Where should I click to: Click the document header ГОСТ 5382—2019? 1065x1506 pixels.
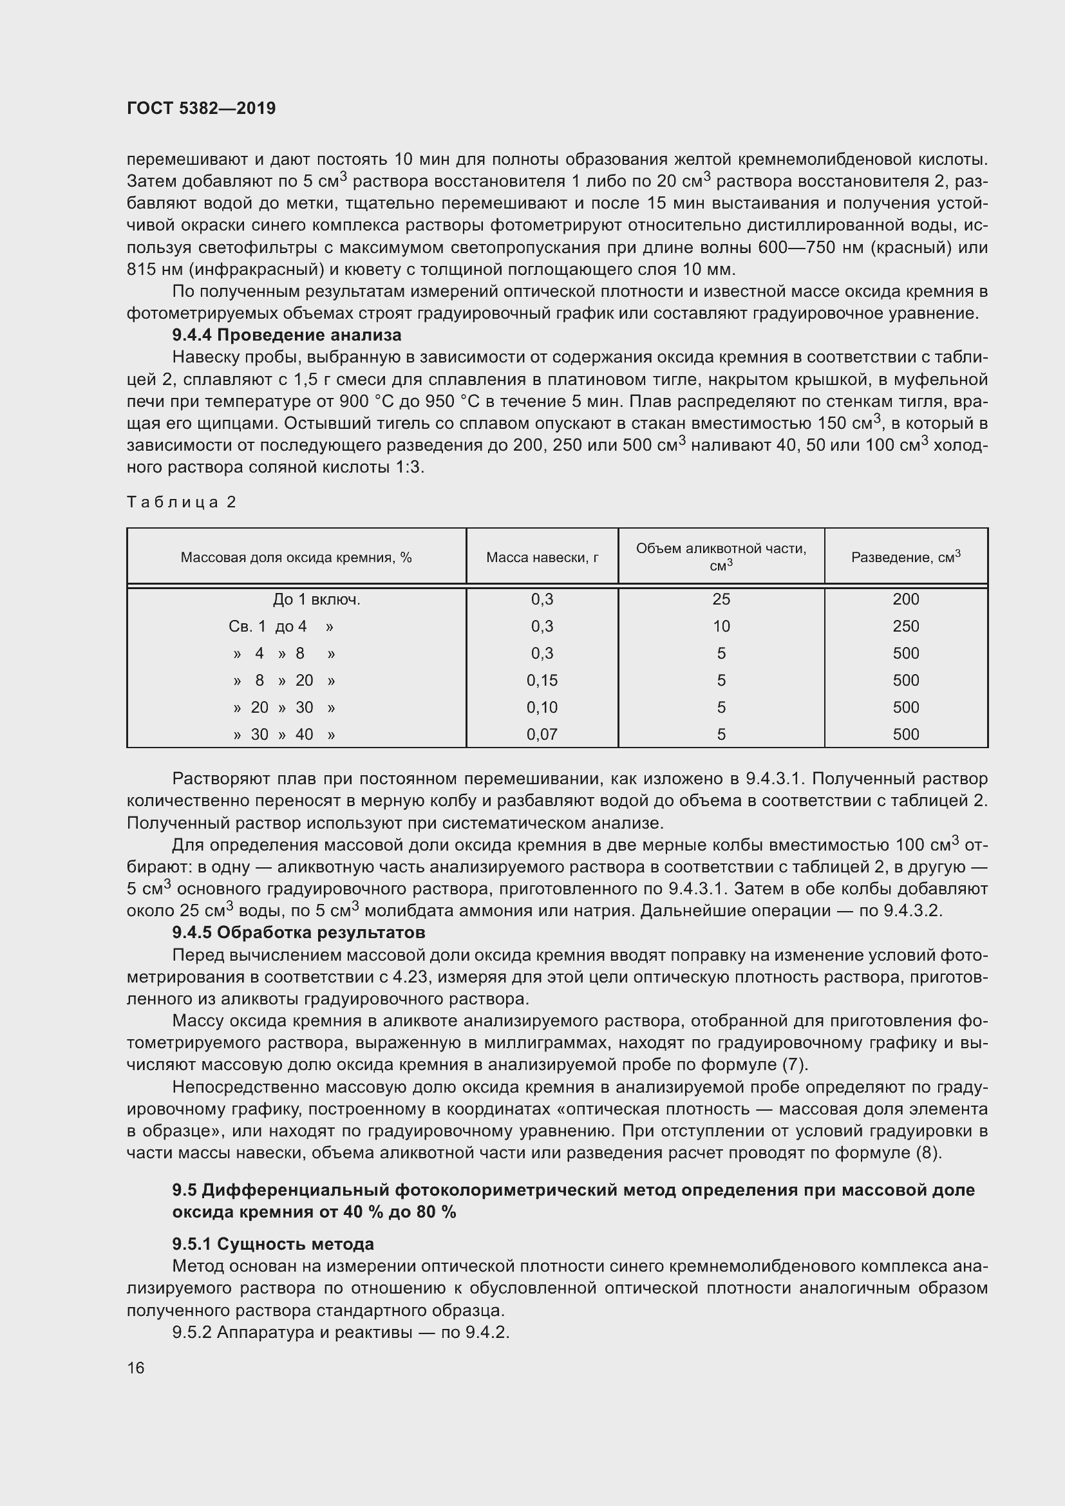coord(202,108)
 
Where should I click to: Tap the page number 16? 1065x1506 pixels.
coord(136,1368)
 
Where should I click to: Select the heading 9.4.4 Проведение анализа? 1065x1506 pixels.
coord(287,335)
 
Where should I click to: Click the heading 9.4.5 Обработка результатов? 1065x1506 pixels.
coord(298,932)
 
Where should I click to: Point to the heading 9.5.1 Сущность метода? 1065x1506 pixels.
coord(273,1244)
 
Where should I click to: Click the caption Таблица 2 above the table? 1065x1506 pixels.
coord(181,502)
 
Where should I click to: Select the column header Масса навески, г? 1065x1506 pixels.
coord(542,557)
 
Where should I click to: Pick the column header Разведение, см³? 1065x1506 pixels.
coord(906,557)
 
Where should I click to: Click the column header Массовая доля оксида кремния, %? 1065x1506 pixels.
coord(296,558)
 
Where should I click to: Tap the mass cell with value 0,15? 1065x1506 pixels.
coord(542,680)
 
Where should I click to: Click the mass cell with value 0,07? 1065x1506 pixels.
coord(542,735)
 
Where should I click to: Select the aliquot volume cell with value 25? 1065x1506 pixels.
coord(721,599)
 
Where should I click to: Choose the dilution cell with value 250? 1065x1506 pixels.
coord(906,626)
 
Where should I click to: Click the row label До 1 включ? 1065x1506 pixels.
coord(317,599)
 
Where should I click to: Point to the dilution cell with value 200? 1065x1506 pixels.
coord(906,599)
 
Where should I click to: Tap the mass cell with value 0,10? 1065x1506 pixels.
coord(542,707)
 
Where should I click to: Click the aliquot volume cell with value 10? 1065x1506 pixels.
coord(721,626)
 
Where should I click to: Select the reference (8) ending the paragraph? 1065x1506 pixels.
coord(928,1153)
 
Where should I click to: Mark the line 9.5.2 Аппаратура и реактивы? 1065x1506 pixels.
coord(341,1332)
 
